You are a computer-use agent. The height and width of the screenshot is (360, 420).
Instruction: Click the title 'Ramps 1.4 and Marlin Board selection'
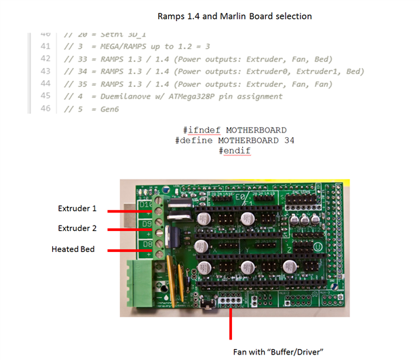point(234,15)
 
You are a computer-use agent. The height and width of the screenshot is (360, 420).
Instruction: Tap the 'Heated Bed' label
point(73,249)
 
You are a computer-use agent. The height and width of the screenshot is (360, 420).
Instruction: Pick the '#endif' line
point(235,150)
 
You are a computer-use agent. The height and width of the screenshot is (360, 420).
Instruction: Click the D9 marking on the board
point(145,222)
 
